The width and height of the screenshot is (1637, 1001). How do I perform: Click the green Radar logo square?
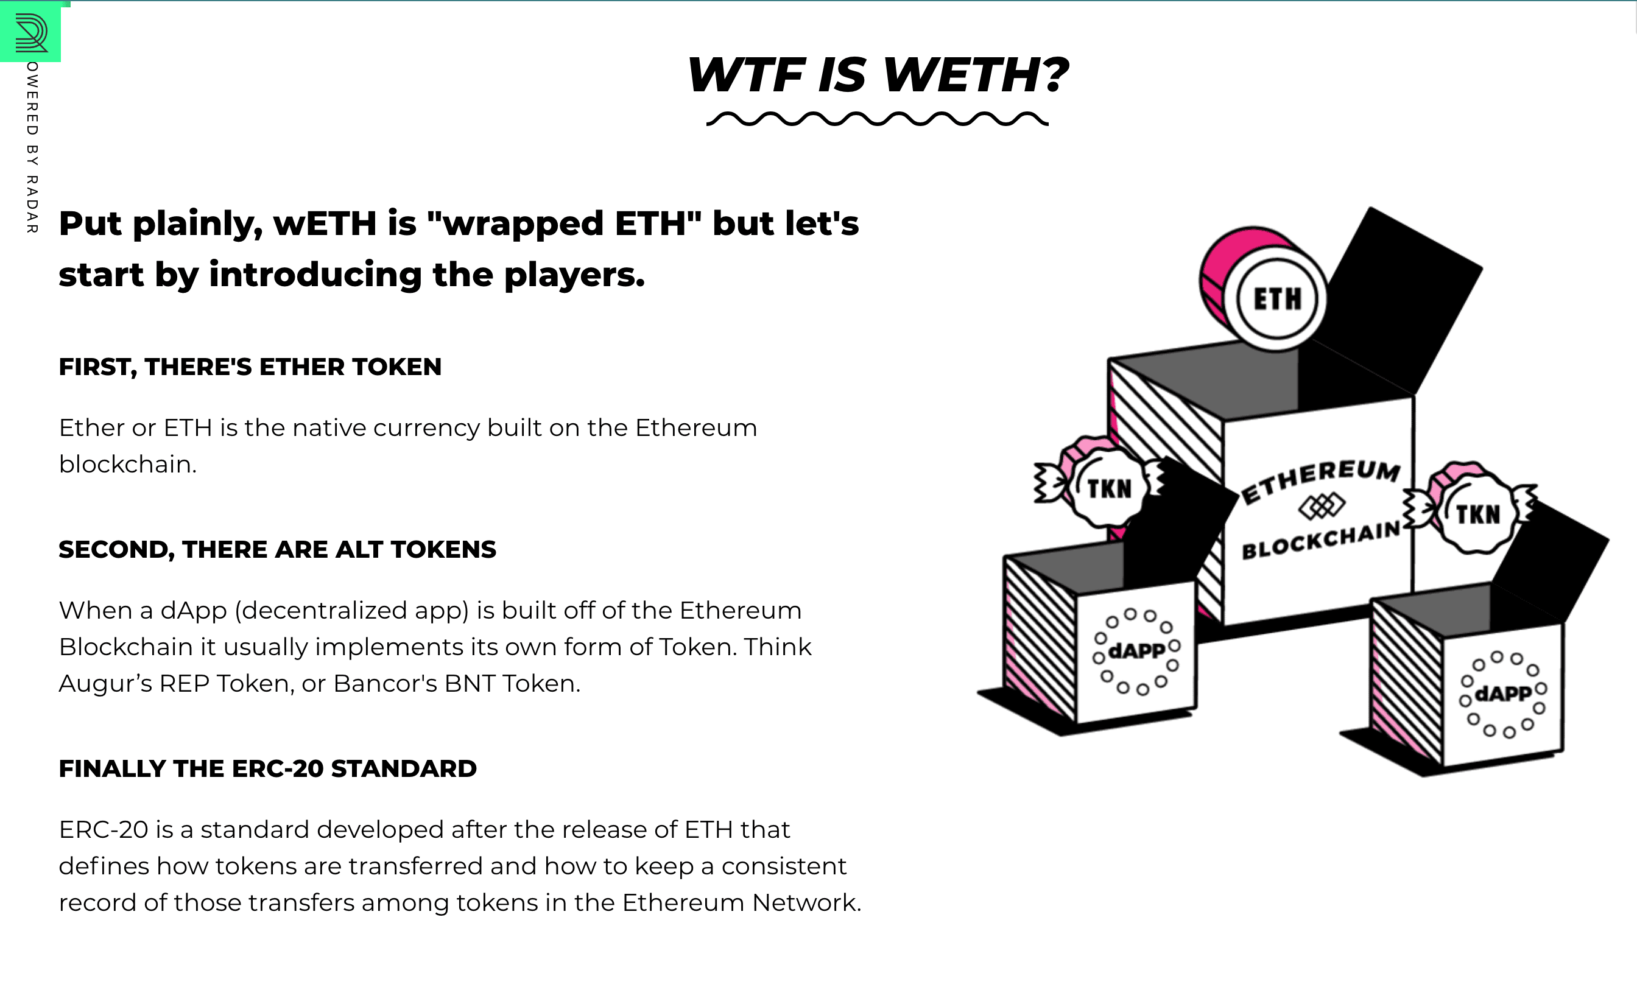click(30, 32)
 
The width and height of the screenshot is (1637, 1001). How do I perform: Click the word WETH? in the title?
click(976, 74)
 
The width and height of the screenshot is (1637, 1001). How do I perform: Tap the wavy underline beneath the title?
click(877, 119)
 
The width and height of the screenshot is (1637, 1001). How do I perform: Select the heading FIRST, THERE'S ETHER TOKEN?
click(250, 367)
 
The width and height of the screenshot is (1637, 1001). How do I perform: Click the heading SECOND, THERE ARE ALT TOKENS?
click(277, 550)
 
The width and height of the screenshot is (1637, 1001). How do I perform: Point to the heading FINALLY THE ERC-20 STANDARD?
click(268, 768)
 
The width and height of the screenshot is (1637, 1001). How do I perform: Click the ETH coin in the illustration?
click(1264, 289)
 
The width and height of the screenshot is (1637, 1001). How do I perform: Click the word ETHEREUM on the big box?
click(1321, 480)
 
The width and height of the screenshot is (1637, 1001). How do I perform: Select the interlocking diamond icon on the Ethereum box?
click(1322, 506)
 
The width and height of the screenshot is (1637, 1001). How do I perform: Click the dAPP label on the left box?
click(1137, 650)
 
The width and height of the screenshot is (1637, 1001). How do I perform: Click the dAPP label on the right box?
click(1503, 694)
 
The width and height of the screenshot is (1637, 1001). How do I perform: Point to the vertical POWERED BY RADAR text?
click(32, 147)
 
